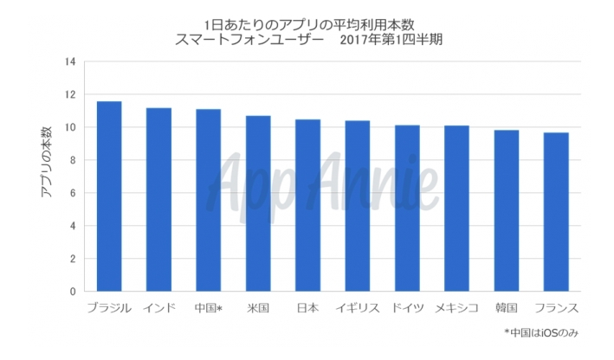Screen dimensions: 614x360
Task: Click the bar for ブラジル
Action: tap(109, 196)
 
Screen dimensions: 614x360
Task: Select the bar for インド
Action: tap(158, 200)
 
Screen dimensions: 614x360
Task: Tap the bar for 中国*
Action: tap(209, 200)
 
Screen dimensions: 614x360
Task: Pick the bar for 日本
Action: tap(307, 205)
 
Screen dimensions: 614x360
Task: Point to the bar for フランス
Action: tap(556, 212)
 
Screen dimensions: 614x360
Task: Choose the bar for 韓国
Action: tap(507, 210)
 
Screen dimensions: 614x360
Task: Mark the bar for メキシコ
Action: tap(456, 209)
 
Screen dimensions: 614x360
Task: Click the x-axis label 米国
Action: tap(258, 308)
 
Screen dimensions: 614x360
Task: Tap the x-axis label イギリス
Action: tap(358, 308)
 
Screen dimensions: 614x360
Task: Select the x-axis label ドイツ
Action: tap(407, 308)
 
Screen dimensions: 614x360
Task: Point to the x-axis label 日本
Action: tap(307, 308)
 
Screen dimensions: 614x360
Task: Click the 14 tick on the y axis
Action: tap(70, 61)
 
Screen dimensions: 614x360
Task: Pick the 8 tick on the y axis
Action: tap(73, 160)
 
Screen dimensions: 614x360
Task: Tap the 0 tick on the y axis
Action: tap(73, 292)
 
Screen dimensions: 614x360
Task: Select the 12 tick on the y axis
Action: tap(70, 94)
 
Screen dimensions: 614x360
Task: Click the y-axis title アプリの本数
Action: tap(46, 162)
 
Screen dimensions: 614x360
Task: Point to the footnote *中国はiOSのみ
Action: tap(541, 333)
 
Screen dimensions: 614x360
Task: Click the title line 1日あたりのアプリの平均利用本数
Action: tap(309, 25)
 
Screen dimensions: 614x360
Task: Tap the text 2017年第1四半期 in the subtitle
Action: tap(391, 40)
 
